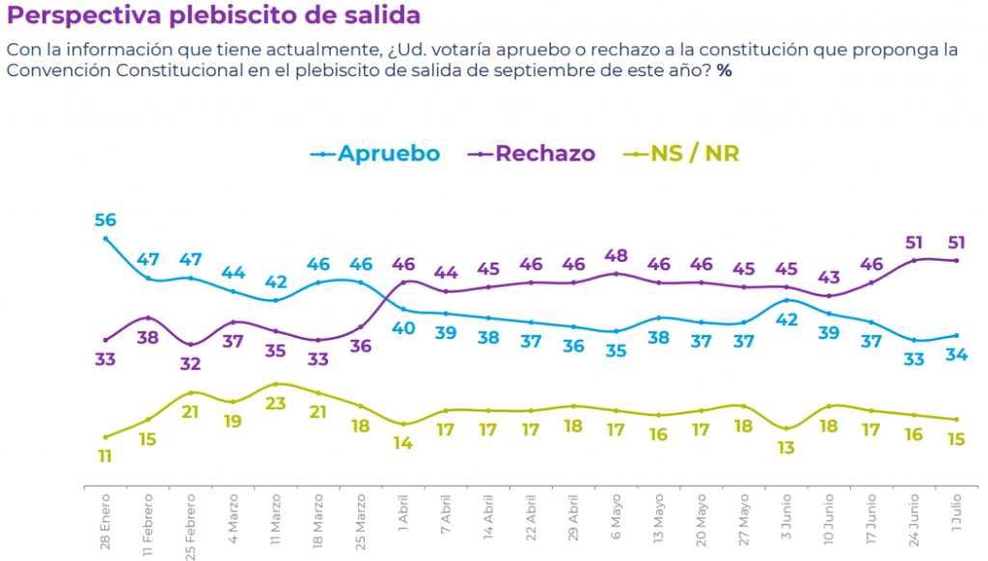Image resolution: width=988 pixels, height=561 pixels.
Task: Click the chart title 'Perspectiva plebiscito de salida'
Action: click(x=214, y=16)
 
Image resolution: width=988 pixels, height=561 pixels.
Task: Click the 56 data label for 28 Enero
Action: click(x=105, y=219)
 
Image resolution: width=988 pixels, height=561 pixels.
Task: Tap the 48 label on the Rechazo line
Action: click(x=616, y=255)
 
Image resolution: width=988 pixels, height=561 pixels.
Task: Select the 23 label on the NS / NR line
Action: click(x=276, y=404)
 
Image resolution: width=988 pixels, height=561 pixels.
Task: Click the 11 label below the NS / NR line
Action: click(x=105, y=456)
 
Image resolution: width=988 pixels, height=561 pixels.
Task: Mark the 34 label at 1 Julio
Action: click(x=956, y=354)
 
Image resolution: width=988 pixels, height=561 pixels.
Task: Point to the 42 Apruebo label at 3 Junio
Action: click(x=786, y=320)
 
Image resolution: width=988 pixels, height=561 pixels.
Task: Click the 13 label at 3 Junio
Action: click(x=786, y=447)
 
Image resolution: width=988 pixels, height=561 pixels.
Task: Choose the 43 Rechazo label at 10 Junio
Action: click(x=829, y=277)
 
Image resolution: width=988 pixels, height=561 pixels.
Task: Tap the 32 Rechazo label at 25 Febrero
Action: click(x=190, y=364)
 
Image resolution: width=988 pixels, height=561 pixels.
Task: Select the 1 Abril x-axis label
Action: click(x=402, y=512)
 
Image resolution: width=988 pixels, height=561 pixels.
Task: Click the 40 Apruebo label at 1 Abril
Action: click(x=402, y=328)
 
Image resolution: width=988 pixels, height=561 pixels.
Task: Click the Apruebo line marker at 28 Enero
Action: click(x=105, y=238)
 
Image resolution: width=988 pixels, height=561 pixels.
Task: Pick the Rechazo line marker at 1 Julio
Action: click(x=956, y=260)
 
